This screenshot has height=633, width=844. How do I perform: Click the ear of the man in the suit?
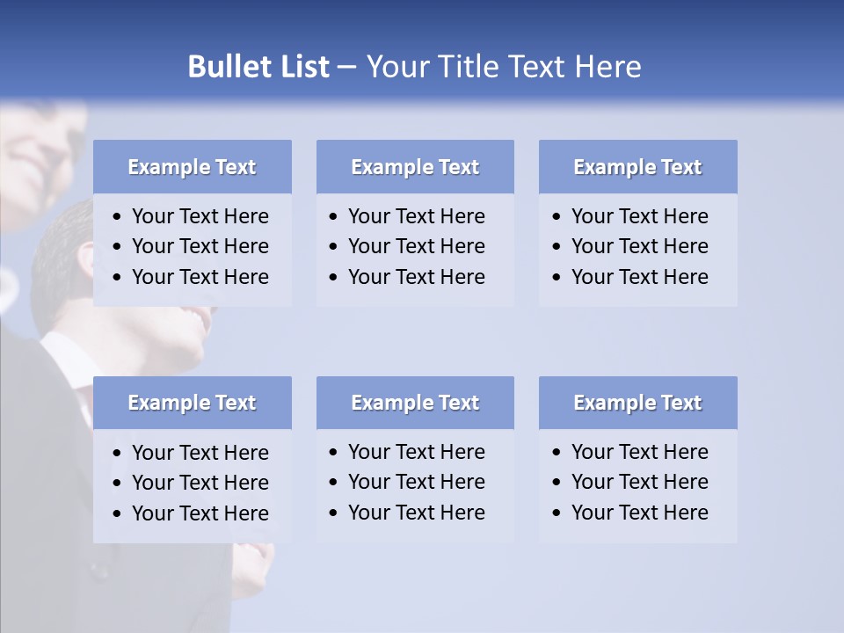pyautogui.click(x=85, y=258)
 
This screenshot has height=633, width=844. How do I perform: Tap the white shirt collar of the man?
pyautogui.click(x=66, y=352)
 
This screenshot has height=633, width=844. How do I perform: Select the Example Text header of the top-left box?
pyautogui.click(x=192, y=167)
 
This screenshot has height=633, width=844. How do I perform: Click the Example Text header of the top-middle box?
pyautogui.click(x=415, y=167)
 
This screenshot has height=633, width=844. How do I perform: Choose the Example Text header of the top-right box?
pyautogui.click(x=637, y=167)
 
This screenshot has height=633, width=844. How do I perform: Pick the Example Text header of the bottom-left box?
pyautogui.click(x=192, y=403)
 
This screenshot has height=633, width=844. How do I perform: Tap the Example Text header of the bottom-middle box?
pyautogui.click(x=415, y=403)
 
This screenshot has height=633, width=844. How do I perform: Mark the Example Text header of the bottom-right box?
pyautogui.click(x=637, y=403)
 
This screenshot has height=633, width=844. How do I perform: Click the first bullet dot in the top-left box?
pyautogui.click(x=118, y=217)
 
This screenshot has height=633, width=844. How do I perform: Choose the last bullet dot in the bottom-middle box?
pyautogui.click(x=334, y=513)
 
